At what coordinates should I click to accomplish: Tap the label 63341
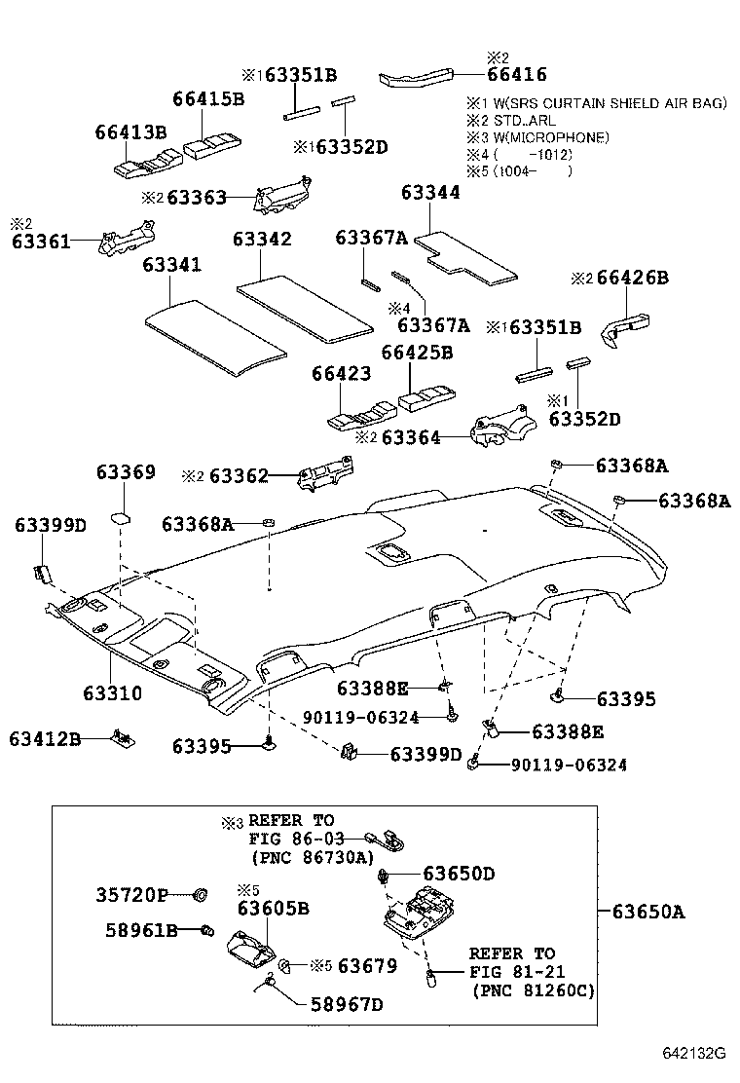[x=172, y=265]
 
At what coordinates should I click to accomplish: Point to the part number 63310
[x=112, y=694]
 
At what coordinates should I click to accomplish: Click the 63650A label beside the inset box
[x=648, y=912]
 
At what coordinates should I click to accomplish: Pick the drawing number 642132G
[x=695, y=1054]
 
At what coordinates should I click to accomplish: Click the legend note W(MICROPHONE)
[x=551, y=137]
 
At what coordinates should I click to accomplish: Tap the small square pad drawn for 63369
[x=121, y=514]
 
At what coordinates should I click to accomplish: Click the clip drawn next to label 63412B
[x=123, y=737]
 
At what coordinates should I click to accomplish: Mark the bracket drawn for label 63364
[x=498, y=429]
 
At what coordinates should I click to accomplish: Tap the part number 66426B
[x=632, y=279]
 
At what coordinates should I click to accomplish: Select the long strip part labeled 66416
[x=418, y=77]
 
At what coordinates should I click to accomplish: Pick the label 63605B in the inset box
[x=273, y=908]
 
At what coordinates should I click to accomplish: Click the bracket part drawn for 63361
[x=127, y=238]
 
